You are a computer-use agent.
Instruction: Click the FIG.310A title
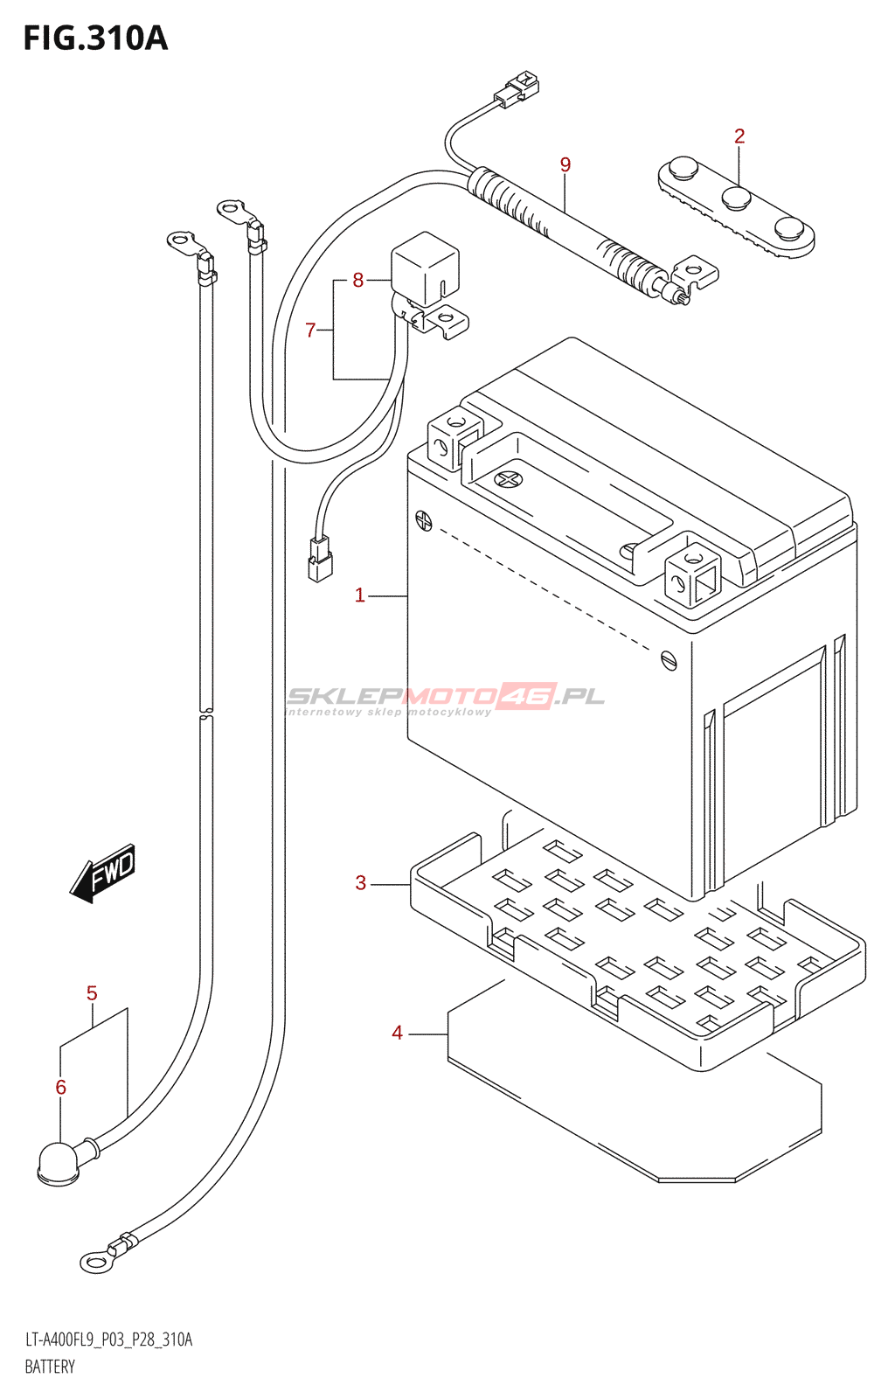click(95, 38)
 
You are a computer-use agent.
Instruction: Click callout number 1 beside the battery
click(359, 595)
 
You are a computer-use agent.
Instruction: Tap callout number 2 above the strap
click(739, 136)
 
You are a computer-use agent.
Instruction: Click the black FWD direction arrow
click(103, 873)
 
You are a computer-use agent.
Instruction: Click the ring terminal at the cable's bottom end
click(95, 1261)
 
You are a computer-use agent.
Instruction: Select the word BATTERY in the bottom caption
click(50, 1367)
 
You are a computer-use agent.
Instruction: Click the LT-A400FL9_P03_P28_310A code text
click(108, 1340)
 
